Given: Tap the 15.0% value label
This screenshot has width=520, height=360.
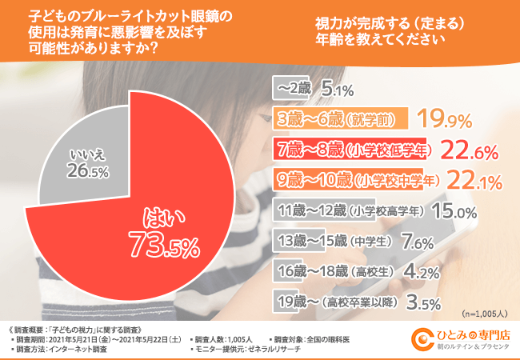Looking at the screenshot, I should click(455, 211).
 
